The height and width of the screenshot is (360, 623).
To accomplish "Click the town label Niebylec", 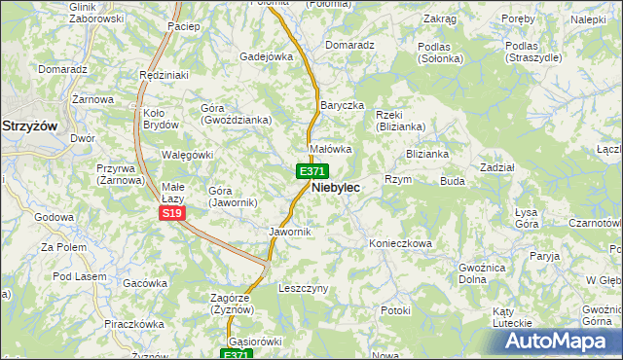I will point(336,188).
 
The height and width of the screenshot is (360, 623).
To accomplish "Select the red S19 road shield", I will point(172,213).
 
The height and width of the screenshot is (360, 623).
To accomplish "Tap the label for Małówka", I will point(330,150).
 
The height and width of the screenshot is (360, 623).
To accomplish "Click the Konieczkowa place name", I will point(400,243).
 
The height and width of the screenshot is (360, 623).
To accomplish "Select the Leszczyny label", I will point(304,289).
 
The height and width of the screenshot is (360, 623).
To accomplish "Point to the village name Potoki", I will point(396,310).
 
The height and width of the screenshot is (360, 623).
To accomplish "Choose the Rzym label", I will point(398,180).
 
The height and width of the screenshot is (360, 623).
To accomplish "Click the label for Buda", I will point(453,181).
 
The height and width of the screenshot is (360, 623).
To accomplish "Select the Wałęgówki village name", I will point(186,155).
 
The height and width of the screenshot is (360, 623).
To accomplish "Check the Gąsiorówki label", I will point(255,342).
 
